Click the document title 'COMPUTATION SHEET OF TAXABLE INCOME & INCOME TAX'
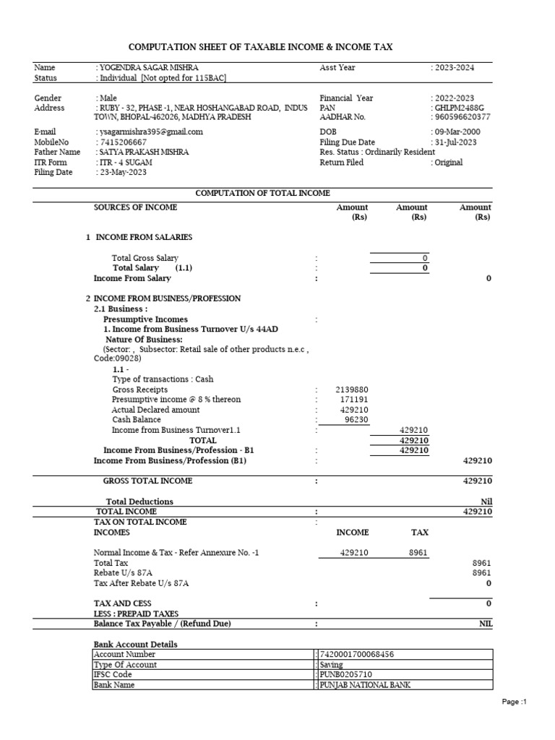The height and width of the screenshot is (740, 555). [x=260, y=47]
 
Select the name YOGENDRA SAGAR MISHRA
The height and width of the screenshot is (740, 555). [x=148, y=67]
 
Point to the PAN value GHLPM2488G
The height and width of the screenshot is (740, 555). [x=457, y=108]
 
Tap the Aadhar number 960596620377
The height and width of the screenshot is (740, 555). [x=462, y=117]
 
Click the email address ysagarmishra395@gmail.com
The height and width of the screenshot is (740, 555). [x=150, y=132]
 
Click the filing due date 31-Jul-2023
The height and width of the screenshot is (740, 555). [x=455, y=142]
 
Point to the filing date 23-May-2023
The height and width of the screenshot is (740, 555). [x=124, y=173]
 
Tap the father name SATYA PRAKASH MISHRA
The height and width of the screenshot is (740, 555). [x=145, y=152]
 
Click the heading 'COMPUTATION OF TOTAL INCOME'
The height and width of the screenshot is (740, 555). [x=263, y=193]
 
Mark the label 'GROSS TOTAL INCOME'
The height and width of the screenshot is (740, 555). [x=147, y=481]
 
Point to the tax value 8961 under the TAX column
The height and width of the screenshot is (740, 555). [x=419, y=553]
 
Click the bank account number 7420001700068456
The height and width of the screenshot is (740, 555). [x=356, y=655]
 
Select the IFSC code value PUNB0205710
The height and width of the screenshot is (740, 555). [x=345, y=675]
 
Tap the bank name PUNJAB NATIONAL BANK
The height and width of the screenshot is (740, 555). [x=364, y=685]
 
